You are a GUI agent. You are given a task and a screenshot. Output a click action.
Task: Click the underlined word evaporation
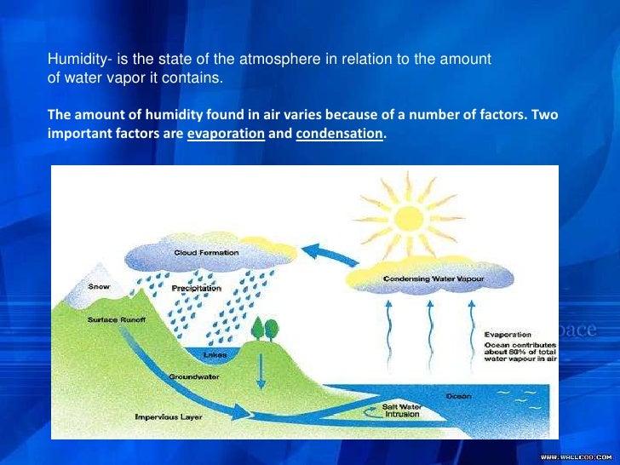point(226,134)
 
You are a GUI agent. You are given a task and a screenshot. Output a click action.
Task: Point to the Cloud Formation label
point(206,252)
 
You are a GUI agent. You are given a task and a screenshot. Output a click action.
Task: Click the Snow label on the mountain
point(99,287)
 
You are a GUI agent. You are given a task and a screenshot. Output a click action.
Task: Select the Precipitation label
point(197,289)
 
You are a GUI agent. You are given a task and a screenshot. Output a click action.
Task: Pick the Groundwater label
point(190,376)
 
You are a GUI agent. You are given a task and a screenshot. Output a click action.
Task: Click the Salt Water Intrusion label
point(402,412)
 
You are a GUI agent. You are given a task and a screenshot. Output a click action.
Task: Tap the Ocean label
point(457,397)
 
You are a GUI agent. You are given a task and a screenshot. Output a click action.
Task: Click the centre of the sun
point(410,215)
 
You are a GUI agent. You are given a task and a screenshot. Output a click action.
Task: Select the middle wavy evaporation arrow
point(431,327)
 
